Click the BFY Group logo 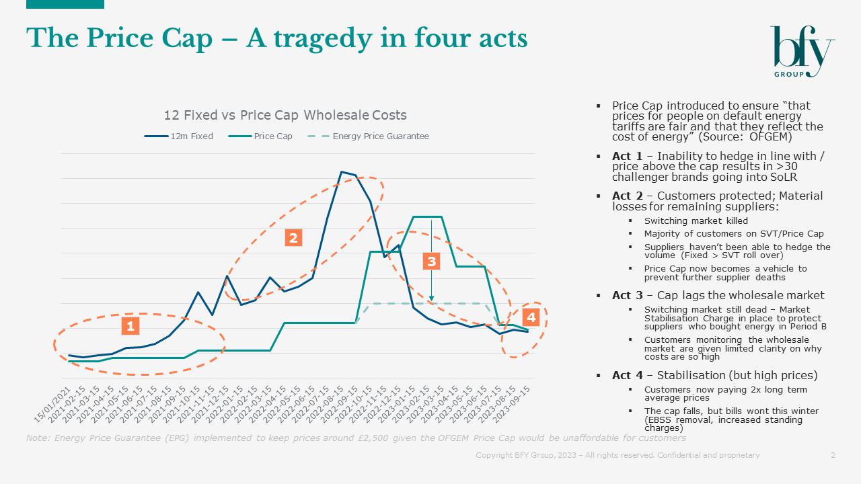(x=802, y=51)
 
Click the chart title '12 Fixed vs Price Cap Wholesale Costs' (x=285, y=115)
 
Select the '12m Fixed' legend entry (x=179, y=136)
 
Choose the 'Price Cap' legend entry (x=262, y=136)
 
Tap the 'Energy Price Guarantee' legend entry (x=369, y=136)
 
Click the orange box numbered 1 (x=130, y=326)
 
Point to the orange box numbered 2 (x=293, y=237)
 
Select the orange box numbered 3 (x=431, y=261)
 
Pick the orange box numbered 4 (x=531, y=317)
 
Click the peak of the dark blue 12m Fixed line (x=342, y=171)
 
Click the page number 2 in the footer (x=833, y=455)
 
